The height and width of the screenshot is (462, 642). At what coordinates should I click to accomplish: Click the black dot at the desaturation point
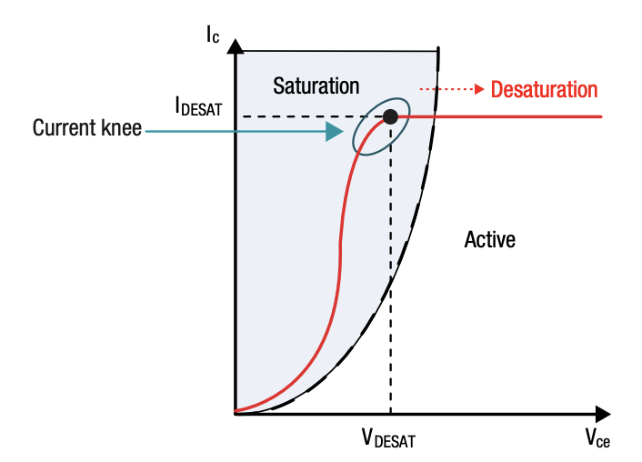click(390, 116)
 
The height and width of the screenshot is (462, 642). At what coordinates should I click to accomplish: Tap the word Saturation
click(316, 86)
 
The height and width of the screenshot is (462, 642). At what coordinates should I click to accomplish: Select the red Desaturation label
click(544, 89)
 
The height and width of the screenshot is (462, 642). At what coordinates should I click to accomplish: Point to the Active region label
click(489, 240)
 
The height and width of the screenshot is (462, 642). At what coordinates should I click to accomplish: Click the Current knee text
click(87, 128)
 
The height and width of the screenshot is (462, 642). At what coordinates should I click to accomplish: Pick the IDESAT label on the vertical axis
click(199, 106)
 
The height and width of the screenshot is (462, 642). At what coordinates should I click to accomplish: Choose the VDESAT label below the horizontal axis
click(390, 439)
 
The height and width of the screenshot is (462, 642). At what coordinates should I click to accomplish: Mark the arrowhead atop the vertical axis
click(236, 45)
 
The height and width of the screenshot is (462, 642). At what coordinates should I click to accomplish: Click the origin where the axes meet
click(236, 412)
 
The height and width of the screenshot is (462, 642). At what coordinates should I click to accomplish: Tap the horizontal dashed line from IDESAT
click(300, 116)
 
